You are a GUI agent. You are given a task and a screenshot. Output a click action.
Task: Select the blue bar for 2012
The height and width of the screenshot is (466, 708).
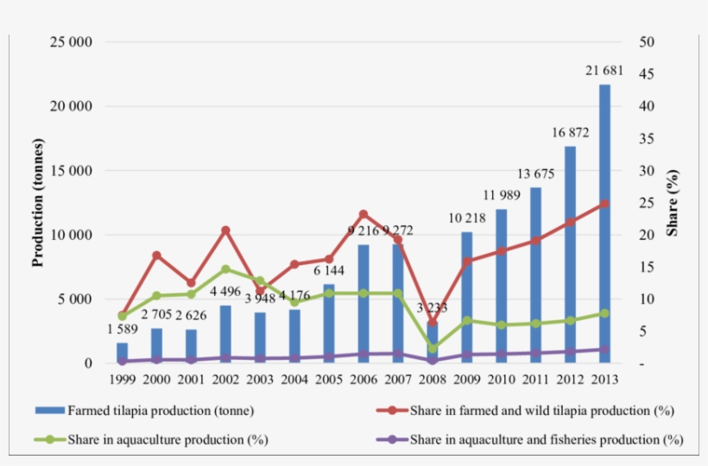pyautogui.click(x=570, y=250)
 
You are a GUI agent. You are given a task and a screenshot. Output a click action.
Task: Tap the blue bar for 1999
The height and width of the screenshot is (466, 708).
pyautogui.click(x=122, y=354)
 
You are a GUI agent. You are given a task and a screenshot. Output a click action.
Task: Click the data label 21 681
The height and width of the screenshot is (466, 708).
pyautogui.click(x=604, y=69)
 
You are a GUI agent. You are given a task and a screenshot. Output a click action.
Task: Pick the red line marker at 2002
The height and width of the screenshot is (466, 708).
pyautogui.click(x=225, y=230)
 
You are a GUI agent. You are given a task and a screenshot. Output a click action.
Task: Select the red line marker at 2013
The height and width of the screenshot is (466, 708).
pyautogui.click(x=604, y=204)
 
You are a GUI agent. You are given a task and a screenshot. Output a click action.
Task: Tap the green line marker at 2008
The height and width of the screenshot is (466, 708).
pyautogui.click(x=433, y=349)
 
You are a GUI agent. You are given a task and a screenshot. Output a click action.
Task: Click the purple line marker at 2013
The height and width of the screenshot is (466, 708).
pyautogui.click(x=604, y=349)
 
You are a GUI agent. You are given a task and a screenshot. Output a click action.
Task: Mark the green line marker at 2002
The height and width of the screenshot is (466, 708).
pyautogui.click(x=225, y=269)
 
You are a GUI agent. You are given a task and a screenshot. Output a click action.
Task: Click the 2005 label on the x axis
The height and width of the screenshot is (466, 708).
pyautogui.click(x=329, y=381)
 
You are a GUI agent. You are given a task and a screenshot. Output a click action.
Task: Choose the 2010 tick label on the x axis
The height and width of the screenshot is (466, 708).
pyautogui.click(x=501, y=381)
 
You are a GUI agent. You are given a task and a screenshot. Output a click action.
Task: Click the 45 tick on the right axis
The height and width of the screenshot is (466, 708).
pyautogui.click(x=647, y=74)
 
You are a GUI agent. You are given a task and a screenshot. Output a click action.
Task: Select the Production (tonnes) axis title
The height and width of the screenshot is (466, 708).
pyautogui.click(x=38, y=204)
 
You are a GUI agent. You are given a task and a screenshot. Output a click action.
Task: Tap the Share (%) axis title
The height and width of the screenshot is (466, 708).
pyautogui.click(x=673, y=204)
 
